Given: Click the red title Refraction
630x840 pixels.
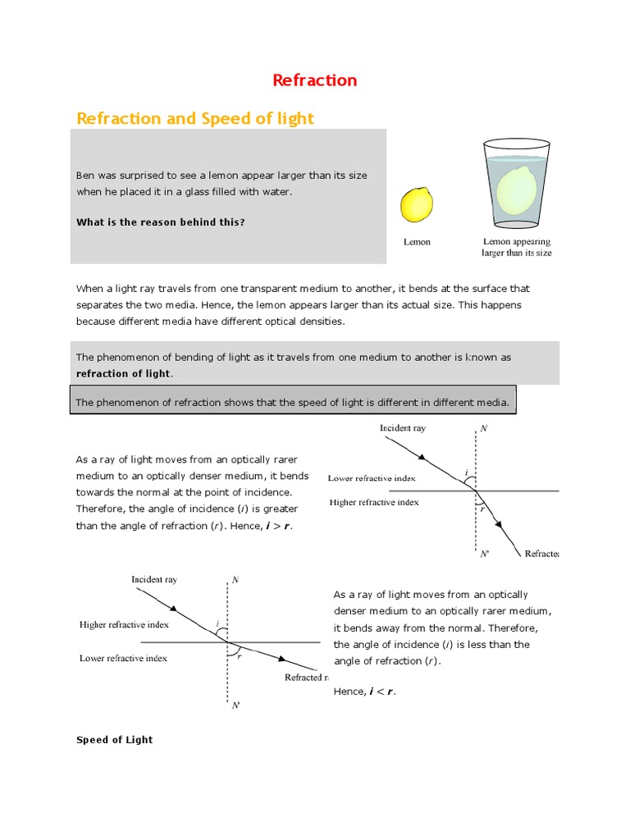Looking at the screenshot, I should [314, 80].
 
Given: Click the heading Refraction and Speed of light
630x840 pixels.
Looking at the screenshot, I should [194, 119].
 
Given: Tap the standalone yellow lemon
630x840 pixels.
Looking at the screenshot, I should [416, 204].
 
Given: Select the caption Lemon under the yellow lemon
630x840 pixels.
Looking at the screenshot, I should [417, 242].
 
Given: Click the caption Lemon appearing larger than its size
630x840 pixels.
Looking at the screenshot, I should [516, 247].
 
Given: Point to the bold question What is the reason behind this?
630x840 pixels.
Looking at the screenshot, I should [160, 222].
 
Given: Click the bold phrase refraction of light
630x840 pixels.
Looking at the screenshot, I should [124, 373].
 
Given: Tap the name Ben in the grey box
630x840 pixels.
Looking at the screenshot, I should [85, 176].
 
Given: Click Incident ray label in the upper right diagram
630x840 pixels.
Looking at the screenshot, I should [402, 428].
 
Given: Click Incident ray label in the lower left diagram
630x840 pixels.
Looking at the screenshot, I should [154, 579].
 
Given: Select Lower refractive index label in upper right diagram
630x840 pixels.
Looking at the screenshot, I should [372, 477].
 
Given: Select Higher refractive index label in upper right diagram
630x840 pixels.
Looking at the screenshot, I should [373, 502].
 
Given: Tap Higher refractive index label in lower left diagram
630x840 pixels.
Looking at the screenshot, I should [124, 624].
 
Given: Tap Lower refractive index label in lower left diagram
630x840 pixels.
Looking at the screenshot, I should [123, 658].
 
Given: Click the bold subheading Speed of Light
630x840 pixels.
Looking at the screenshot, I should [114, 739].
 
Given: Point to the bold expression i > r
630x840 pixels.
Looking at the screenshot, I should [276, 526].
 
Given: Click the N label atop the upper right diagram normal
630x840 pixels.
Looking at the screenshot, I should [484, 429].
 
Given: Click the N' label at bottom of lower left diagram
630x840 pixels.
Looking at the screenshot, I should [235, 705].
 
